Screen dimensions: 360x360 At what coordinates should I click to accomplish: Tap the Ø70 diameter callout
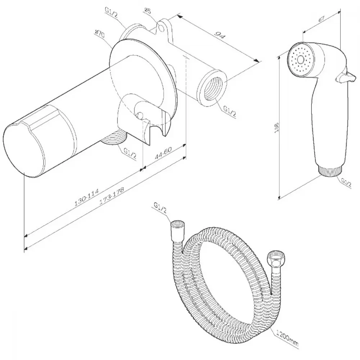point(99,35)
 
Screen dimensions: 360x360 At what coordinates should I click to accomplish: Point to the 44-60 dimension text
point(163,153)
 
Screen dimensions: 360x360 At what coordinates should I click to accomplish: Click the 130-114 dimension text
point(87,197)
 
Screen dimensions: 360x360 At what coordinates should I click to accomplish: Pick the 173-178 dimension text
point(112,196)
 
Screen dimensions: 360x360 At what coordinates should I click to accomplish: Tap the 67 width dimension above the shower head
point(321,19)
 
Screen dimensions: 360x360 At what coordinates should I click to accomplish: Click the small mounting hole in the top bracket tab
point(161,28)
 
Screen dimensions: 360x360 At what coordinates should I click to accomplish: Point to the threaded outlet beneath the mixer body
point(113,137)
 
